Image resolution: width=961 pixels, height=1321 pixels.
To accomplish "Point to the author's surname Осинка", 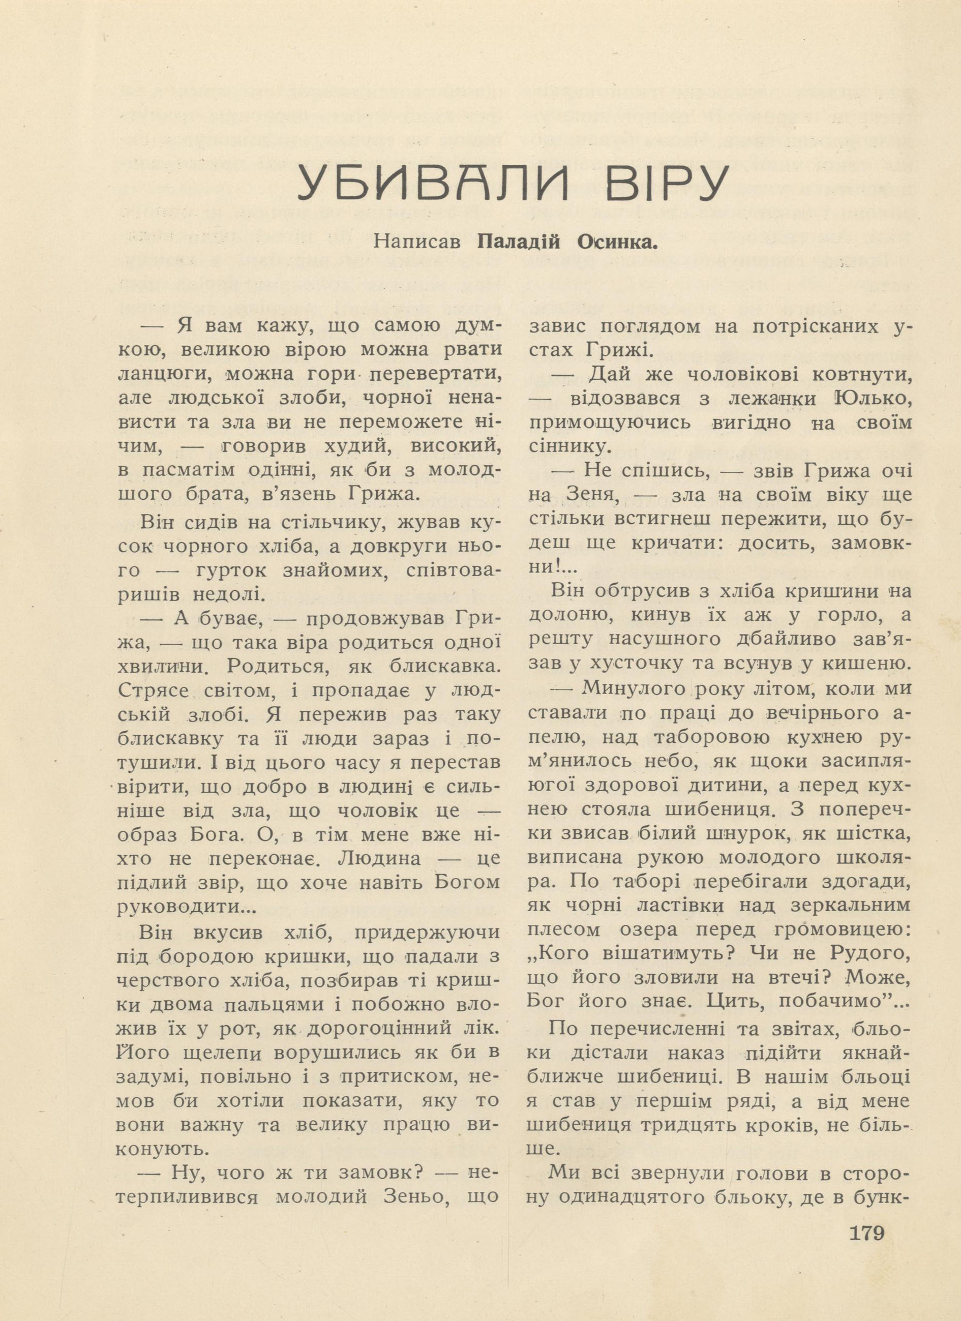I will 617,241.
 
